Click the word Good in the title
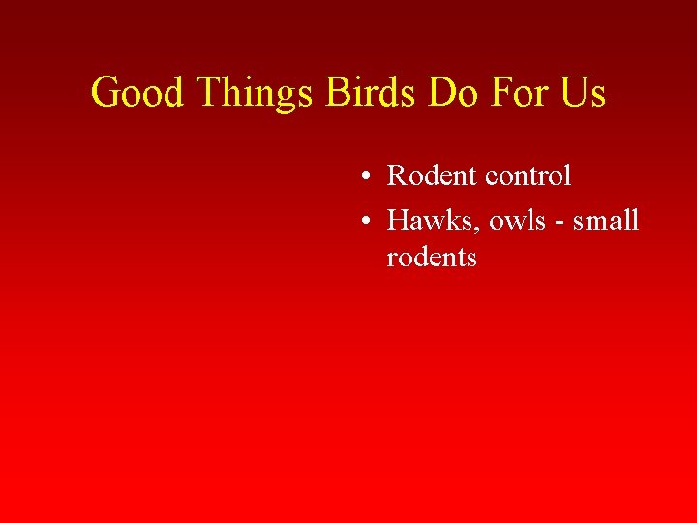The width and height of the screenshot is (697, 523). coord(139,93)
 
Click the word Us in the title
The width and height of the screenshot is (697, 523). coord(584,93)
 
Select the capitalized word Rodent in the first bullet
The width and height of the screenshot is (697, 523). coord(432,176)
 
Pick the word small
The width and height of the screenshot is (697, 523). coord(607,221)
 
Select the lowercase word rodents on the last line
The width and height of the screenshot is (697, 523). coord(432,258)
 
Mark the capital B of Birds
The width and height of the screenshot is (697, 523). coord(338,93)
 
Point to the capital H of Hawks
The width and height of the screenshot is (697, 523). coord(398,221)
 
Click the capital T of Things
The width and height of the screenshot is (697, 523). coord(210,93)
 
